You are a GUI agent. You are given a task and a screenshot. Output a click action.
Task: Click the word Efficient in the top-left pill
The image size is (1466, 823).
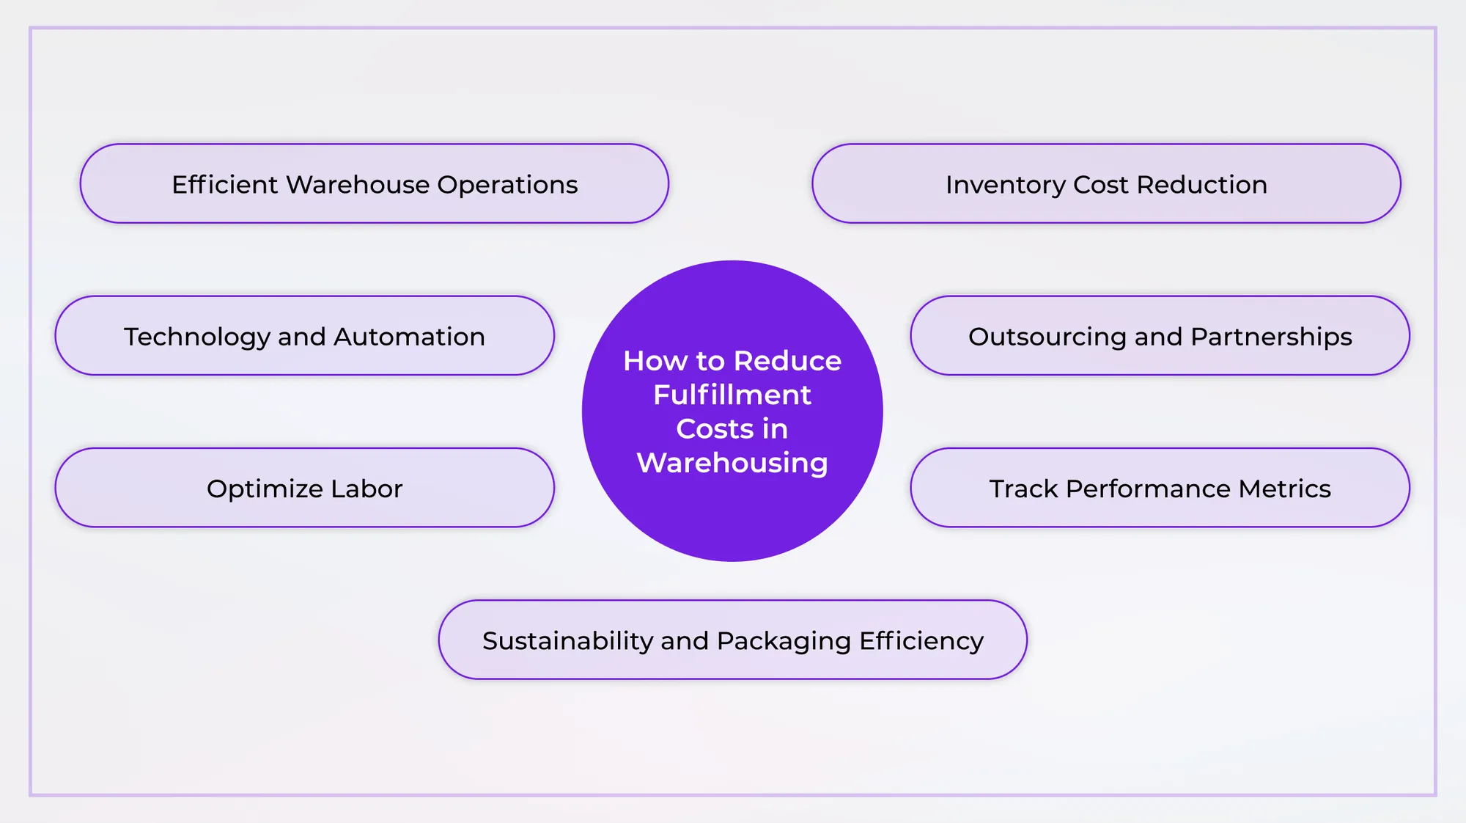(x=224, y=185)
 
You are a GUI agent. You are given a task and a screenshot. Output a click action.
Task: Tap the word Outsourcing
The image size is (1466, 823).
(x=1047, y=337)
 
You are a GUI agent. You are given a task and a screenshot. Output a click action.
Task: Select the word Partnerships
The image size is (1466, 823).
(x=1271, y=337)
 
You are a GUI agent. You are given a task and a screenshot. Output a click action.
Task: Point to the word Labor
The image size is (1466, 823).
(x=366, y=489)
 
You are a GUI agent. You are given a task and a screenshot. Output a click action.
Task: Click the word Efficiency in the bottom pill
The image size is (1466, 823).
(x=921, y=642)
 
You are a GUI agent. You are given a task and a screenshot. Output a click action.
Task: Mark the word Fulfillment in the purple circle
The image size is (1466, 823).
(x=732, y=395)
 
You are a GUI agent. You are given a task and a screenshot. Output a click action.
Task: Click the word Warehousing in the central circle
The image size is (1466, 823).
(x=732, y=464)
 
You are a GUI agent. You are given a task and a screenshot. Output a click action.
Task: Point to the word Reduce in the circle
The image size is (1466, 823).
(x=787, y=361)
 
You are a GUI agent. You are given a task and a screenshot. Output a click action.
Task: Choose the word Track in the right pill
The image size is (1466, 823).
(x=1023, y=489)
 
